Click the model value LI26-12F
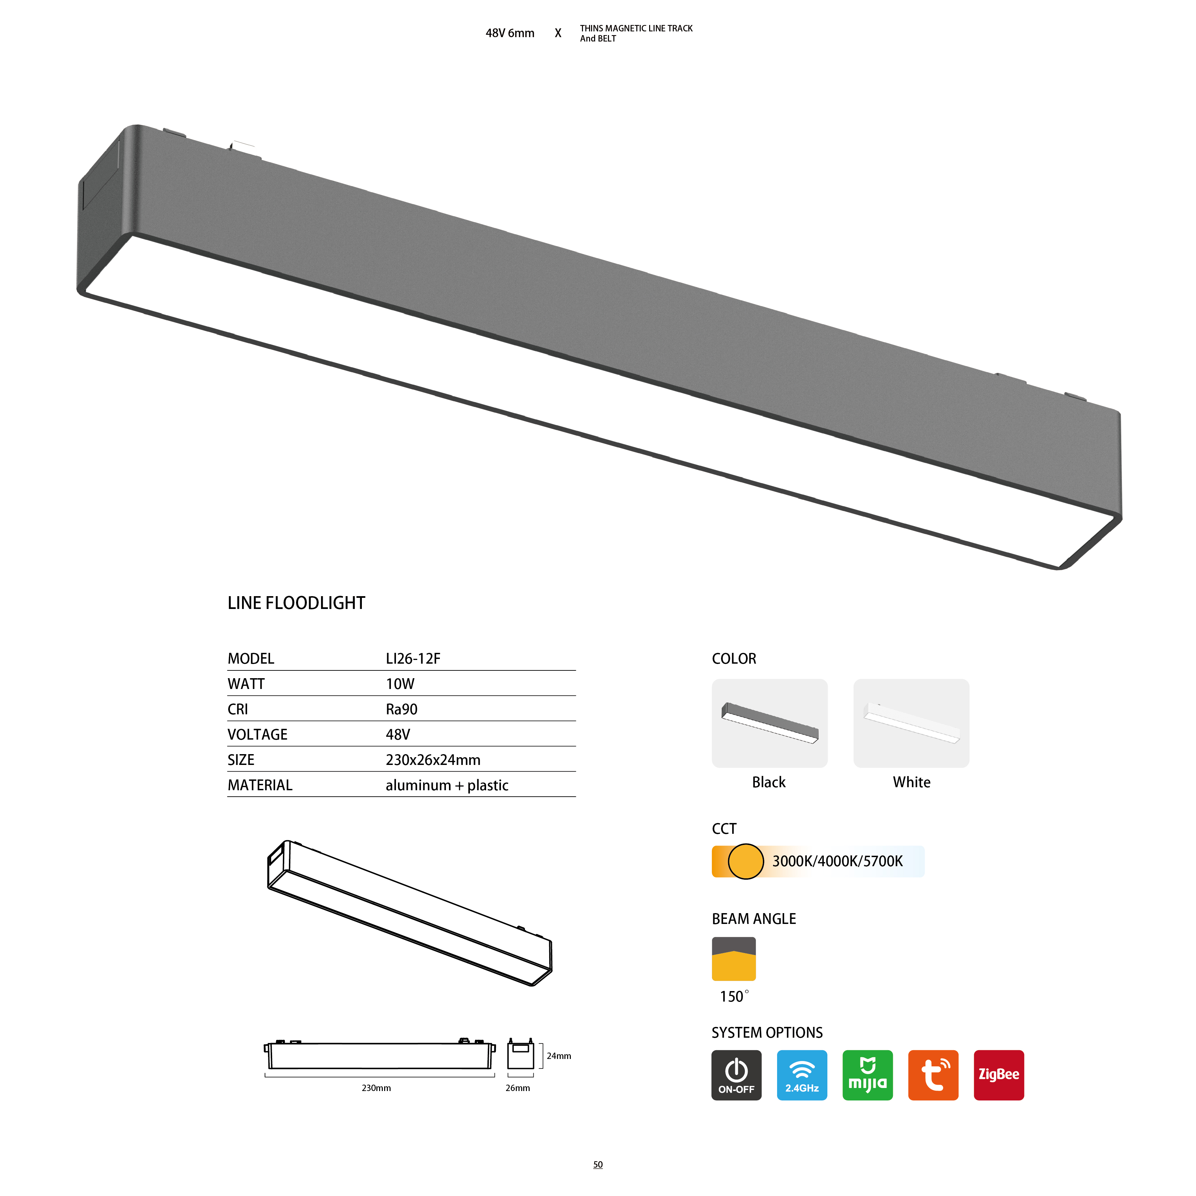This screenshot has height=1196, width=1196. click(x=413, y=659)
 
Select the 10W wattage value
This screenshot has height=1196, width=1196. click(x=400, y=684)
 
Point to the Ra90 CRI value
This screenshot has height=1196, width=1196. click(x=402, y=710)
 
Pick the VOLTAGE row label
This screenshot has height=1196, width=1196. click(x=258, y=735)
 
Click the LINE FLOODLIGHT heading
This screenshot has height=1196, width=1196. click(x=296, y=603)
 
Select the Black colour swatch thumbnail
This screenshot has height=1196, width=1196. click(x=769, y=723)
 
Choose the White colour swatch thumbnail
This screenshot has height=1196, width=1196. click(x=911, y=723)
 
